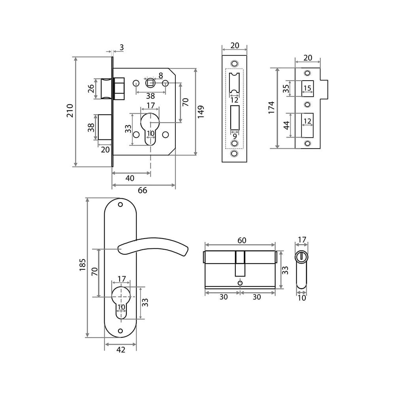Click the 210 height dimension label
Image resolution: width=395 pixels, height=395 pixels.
70,111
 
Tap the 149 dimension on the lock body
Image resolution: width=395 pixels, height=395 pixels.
201,112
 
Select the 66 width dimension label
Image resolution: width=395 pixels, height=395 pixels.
142,190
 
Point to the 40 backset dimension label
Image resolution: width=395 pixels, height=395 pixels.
130,178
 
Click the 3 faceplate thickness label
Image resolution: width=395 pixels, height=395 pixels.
122,47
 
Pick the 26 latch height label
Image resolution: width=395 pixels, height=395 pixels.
91,88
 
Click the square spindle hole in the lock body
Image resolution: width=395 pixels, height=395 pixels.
150,83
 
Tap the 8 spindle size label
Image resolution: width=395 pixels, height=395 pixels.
161,75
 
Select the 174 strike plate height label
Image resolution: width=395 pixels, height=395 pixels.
271,108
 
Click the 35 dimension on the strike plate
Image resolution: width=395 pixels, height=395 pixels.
286,88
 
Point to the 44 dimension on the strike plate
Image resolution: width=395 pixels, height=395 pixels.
287,125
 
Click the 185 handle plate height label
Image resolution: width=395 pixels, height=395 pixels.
83,265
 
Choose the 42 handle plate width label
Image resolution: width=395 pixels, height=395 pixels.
121,350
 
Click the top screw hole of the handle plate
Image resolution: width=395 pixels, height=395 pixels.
120,204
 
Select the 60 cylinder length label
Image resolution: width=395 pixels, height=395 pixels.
242,240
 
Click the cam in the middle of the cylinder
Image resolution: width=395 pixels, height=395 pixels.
240,264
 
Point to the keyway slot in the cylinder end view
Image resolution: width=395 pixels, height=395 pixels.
301,256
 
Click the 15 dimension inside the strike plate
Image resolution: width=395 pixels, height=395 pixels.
307,88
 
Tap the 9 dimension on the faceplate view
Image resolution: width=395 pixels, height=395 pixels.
235,137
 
